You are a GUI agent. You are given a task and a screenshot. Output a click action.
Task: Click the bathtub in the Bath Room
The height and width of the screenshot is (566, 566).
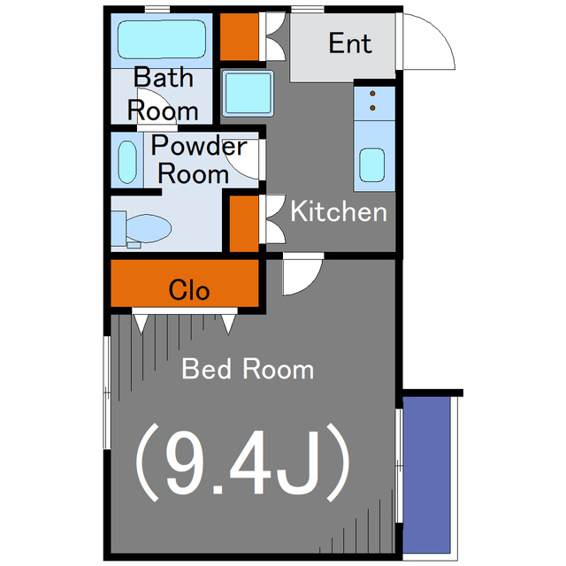(162, 39)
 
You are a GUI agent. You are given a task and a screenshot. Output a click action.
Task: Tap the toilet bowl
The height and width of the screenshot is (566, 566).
(148, 228)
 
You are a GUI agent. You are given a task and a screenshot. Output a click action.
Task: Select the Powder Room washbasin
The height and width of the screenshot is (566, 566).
(127, 162)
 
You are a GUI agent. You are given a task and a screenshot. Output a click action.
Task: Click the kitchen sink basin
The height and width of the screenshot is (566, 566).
(371, 164)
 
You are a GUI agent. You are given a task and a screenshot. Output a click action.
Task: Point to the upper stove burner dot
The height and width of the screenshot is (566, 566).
(372, 94)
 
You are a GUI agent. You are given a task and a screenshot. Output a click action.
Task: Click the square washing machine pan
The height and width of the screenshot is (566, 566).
(248, 93)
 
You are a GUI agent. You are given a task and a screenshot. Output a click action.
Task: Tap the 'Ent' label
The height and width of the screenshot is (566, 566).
(350, 43)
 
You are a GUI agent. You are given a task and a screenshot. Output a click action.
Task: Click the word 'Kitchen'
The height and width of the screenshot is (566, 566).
(339, 211)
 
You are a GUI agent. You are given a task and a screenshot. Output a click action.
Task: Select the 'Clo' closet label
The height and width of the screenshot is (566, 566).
(188, 290)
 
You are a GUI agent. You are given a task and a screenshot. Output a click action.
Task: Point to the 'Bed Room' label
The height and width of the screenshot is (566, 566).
(248, 369)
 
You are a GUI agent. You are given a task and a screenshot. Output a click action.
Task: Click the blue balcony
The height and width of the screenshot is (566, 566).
(426, 475)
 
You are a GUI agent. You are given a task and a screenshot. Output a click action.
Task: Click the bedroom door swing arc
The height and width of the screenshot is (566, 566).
(310, 282)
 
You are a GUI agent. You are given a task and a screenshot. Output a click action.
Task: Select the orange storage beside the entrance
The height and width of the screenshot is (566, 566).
(240, 37)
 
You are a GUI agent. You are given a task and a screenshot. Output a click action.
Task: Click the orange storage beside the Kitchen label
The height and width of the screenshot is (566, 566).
(244, 224)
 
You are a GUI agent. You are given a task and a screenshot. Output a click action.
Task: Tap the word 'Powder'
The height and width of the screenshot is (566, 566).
(199, 146)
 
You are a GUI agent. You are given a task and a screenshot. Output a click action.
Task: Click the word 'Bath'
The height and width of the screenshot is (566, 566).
(163, 77)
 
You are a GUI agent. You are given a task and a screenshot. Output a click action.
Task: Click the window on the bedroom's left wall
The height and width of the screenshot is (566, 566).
(107, 393)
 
